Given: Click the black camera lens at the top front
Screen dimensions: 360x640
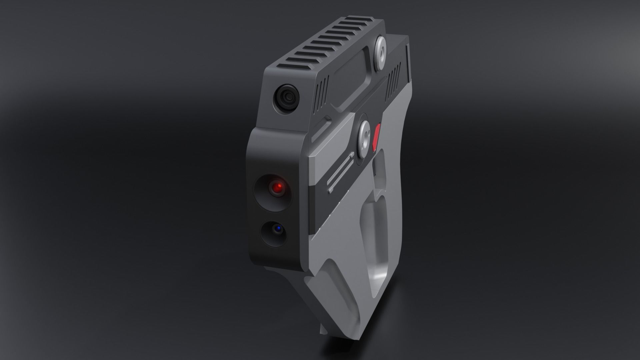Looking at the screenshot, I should tap(288, 97).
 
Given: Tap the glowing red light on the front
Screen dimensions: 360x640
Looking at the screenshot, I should tap(277, 188).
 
